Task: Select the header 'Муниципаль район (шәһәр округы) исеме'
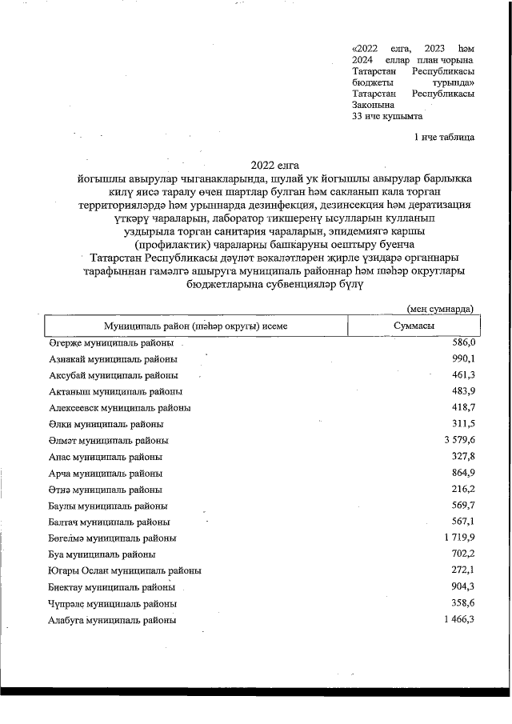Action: [x=195, y=326]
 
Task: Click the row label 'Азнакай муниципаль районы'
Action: [x=105, y=358]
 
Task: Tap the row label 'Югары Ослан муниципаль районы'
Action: [x=124, y=571]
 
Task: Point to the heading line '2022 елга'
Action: [x=275, y=164]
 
